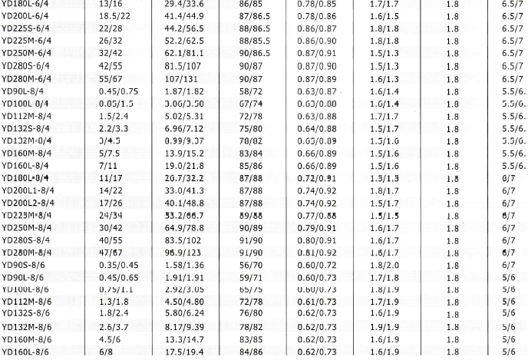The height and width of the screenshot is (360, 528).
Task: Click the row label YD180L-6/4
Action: point(25,4)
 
